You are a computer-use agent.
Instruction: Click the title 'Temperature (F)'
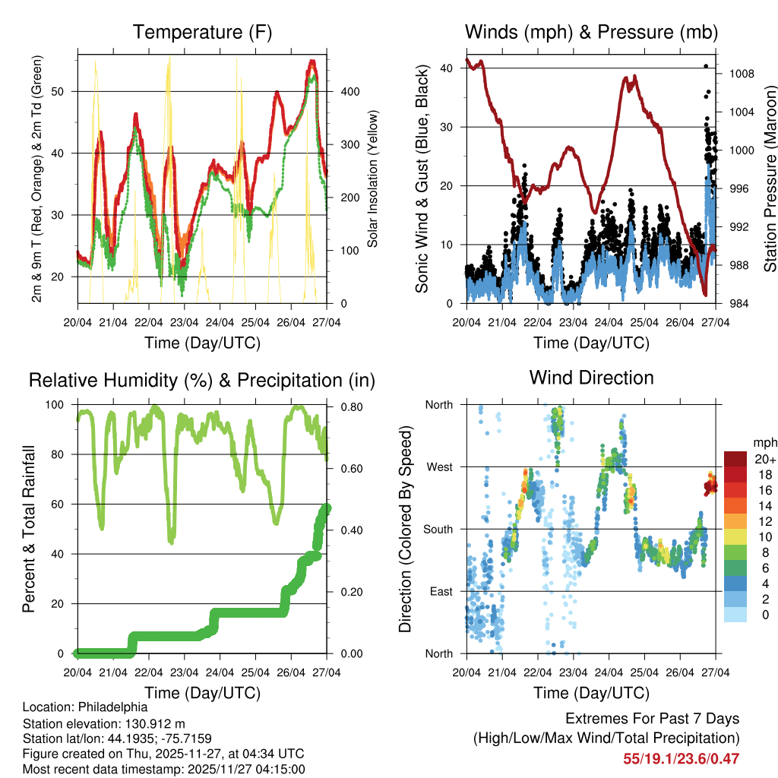click(x=202, y=33)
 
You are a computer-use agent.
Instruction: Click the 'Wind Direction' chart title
click(x=591, y=378)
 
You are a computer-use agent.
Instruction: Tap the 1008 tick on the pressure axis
click(x=741, y=74)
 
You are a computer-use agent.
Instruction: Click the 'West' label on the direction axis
click(x=438, y=466)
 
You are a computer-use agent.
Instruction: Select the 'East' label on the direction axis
click(x=440, y=591)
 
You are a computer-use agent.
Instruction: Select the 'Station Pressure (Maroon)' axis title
click(x=769, y=179)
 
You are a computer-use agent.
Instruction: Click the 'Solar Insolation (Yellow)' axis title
click(x=373, y=179)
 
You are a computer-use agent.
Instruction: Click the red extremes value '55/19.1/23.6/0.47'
click(x=681, y=758)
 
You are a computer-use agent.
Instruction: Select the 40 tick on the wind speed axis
click(x=448, y=68)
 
